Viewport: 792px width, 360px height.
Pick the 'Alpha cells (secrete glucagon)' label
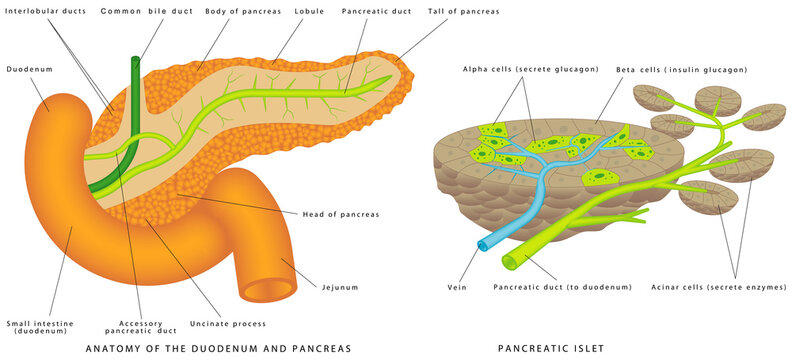[x=531, y=69]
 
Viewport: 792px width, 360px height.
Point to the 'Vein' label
[x=458, y=287]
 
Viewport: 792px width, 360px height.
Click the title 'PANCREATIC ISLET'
[x=551, y=349]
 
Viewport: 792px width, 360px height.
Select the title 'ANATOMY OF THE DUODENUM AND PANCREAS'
[x=219, y=349]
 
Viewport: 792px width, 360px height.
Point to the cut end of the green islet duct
[x=510, y=262]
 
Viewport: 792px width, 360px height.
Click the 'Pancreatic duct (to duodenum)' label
[x=563, y=287]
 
